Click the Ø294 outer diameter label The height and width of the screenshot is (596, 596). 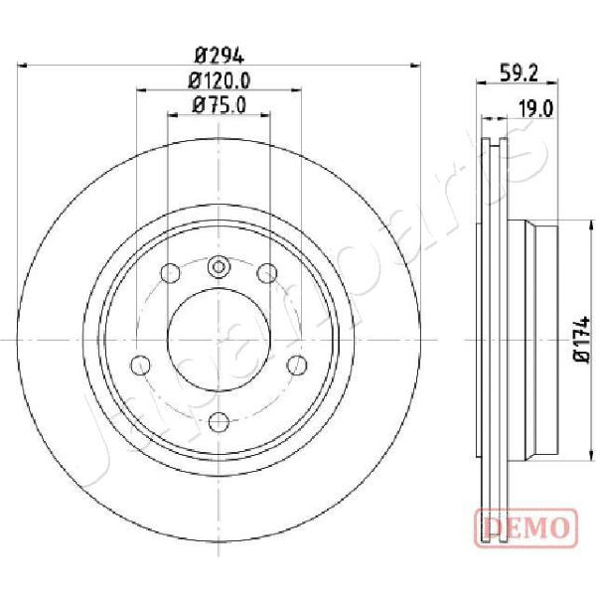tap(219, 57)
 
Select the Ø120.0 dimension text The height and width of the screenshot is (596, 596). tap(220, 80)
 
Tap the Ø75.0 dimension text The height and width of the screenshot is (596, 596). tap(220, 105)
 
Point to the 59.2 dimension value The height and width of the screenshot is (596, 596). tap(519, 73)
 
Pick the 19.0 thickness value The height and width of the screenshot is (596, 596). tap(536, 109)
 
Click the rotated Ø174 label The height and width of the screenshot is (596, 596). tap(581, 340)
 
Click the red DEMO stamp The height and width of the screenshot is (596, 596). tap(526, 528)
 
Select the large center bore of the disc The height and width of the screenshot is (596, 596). tap(219, 340)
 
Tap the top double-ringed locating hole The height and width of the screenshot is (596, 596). tap(219, 267)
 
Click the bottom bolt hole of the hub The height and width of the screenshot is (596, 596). tap(220, 422)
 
